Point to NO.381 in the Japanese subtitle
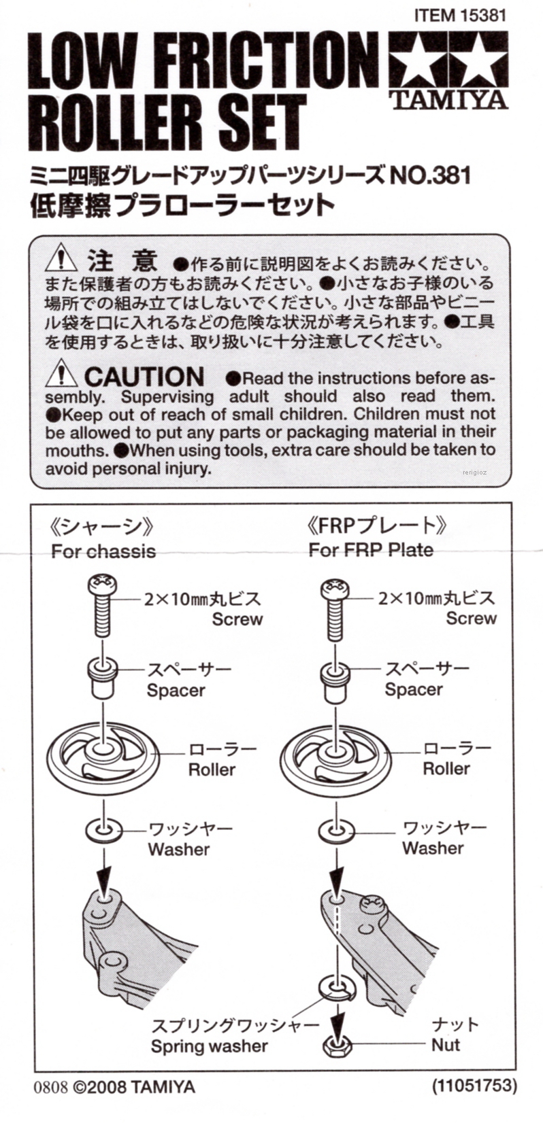[x=430, y=175]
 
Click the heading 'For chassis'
[x=103, y=551]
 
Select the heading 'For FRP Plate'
[x=371, y=549]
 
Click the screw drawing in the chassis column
[x=102, y=605]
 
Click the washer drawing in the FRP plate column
[x=336, y=830]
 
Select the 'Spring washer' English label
[x=209, y=1046]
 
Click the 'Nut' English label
[x=446, y=1045]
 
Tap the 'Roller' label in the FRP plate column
[x=446, y=769]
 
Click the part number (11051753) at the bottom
[x=474, y=1085]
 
